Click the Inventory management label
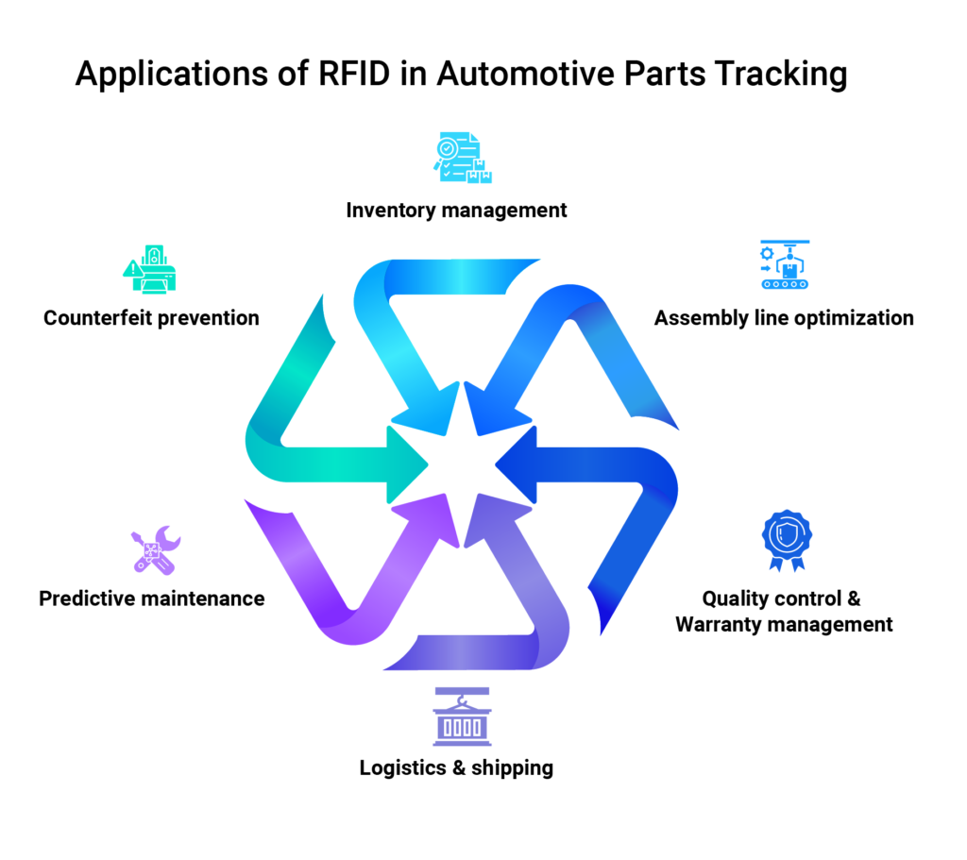[456, 210]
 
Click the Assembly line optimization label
[784, 317]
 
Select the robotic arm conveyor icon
[786, 265]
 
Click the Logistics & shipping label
[456, 767]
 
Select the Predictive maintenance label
[152, 599]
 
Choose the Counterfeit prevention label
[151, 317]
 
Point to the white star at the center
[464, 464]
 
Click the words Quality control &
[781, 599]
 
